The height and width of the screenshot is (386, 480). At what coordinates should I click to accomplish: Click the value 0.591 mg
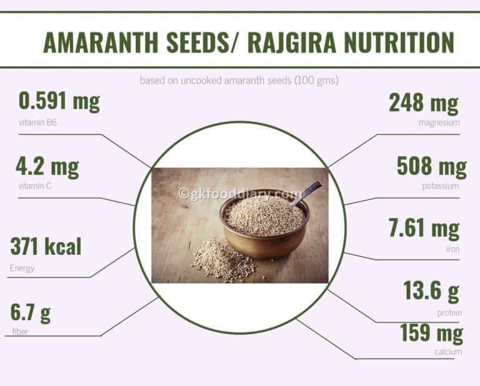pyautogui.click(x=59, y=101)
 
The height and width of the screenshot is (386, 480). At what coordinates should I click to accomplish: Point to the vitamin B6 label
pyautogui.click(x=37, y=122)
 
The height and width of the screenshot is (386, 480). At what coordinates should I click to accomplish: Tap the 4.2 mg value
pyautogui.click(x=47, y=167)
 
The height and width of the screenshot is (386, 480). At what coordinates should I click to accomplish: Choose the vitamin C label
pyautogui.click(x=35, y=186)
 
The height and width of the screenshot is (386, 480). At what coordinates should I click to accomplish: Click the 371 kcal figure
pyautogui.click(x=46, y=246)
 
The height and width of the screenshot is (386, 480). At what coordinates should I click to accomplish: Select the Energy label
pyautogui.click(x=22, y=269)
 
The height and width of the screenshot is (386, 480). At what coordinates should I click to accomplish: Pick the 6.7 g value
pyautogui.click(x=30, y=313)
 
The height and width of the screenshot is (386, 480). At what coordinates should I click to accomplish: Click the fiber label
pyautogui.click(x=20, y=332)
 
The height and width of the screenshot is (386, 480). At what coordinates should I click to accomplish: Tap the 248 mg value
pyautogui.click(x=424, y=103)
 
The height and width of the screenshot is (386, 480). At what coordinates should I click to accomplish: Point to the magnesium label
pyautogui.click(x=439, y=123)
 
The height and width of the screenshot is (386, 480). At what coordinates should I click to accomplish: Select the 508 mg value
pyautogui.click(x=432, y=167)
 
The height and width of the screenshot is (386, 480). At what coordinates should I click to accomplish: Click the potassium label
pyautogui.click(x=440, y=186)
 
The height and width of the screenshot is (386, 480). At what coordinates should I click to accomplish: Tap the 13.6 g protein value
pyautogui.click(x=431, y=290)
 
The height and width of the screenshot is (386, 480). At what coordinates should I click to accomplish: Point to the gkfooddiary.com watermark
pyautogui.click(x=240, y=194)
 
